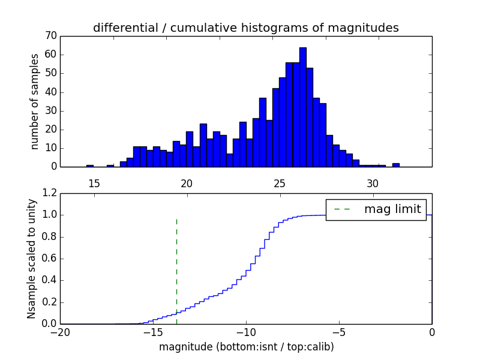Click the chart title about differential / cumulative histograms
[x=246, y=28]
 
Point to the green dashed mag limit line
[x=176, y=270]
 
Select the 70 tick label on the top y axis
[x=50, y=36]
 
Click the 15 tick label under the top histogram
[x=94, y=183]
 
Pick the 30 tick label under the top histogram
[x=373, y=183]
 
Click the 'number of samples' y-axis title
[x=35, y=101]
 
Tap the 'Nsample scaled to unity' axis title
[x=32, y=259]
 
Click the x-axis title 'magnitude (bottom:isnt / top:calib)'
[x=246, y=347]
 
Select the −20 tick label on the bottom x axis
[x=60, y=333]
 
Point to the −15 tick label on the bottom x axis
[x=153, y=333]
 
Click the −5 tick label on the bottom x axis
[x=339, y=333]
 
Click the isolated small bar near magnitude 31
[x=396, y=164]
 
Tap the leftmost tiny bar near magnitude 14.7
[x=90, y=165]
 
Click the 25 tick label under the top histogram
[x=280, y=183]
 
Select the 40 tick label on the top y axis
[x=50, y=92]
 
